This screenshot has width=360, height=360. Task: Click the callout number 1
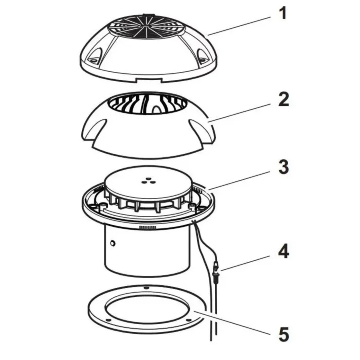[x=284, y=13]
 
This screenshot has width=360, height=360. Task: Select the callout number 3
[x=284, y=167]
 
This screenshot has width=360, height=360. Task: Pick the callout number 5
[x=284, y=334]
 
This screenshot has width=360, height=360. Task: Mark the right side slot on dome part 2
[x=202, y=130]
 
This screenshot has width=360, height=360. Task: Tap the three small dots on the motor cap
[x=148, y=181]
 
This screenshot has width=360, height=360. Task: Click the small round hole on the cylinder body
[x=113, y=243]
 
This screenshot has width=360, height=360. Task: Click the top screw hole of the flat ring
[x=145, y=288]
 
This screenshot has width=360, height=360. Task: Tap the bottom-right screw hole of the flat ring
[x=188, y=320]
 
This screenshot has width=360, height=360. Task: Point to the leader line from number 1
[x=239, y=25]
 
